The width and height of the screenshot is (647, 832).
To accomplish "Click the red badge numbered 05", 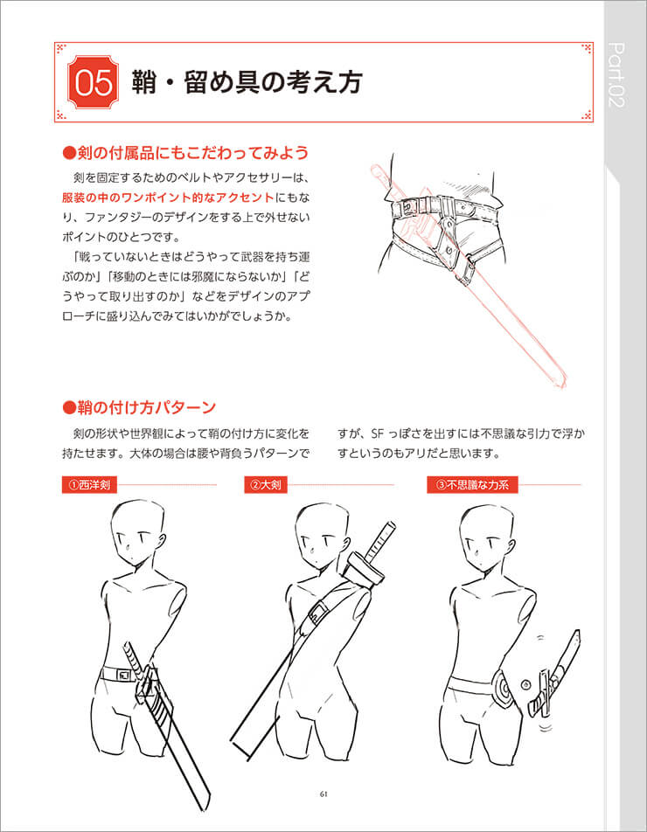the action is click(93, 82).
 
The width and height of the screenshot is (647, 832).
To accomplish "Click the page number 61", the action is click(323, 794).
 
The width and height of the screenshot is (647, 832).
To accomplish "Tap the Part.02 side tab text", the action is click(616, 76).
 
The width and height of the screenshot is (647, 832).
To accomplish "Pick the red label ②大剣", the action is click(266, 484).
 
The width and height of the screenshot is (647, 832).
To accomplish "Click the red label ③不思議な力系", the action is click(472, 484).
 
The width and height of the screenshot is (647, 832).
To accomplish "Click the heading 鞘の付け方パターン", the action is click(138, 407).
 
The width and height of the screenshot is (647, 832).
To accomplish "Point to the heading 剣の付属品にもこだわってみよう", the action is click(185, 153).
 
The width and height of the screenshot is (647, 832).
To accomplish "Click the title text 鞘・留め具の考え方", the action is click(247, 83).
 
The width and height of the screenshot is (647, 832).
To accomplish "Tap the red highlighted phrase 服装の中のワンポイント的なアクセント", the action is click(168, 198).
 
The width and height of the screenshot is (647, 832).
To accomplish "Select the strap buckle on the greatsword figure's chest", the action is click(317, 614).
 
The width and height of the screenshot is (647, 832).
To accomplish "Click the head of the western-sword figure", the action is click(137, 531).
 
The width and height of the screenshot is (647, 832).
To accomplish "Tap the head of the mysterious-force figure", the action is click(484, 534).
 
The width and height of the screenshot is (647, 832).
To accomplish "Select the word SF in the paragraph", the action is click(377, 434).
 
